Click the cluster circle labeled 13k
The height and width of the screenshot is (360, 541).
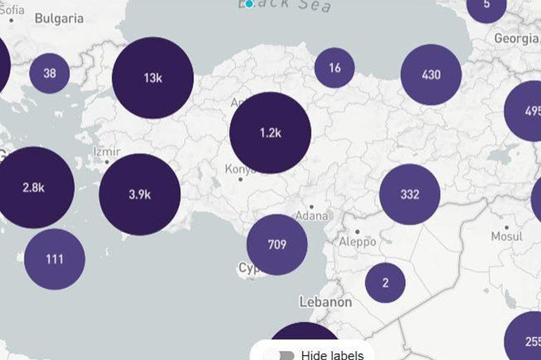click(152, 78)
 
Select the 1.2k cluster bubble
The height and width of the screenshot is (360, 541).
click(270, 132)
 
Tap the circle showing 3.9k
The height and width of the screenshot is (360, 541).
click(140, 195)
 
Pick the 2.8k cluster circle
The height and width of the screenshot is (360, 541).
click(34, 188)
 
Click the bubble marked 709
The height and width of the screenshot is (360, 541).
click(277, 245)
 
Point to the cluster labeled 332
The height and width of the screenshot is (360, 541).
click(410, 195)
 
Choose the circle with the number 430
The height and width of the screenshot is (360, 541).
click(431, 75)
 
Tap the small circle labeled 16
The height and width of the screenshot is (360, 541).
click(334, 68)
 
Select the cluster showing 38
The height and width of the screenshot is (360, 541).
click(49, 73)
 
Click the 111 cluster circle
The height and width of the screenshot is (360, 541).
click(55, 259)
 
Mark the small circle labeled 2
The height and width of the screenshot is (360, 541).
click(385, 283)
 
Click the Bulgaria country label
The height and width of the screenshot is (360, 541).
click(59, 19)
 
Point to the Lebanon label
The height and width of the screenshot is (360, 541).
click(325, 302)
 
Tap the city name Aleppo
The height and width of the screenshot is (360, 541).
click(358, 242)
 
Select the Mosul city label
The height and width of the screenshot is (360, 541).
click(507, 236)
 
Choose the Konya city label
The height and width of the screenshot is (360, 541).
click(240, 169)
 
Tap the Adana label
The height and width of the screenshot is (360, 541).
click(313, 215)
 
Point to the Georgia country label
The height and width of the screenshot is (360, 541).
click(516, 38)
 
